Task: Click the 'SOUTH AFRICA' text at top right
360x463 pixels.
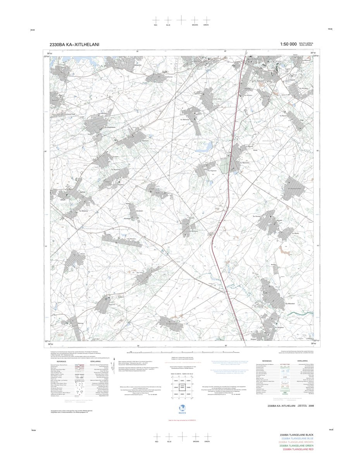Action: click(306, 43)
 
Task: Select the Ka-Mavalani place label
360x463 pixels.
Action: click(290, 303)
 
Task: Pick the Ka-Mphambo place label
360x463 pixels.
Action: click(246, 163)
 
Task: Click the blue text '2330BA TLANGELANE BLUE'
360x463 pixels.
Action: click(297, 438)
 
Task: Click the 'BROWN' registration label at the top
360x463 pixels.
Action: click(195, 25)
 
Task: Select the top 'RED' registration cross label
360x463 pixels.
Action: click(156, 25)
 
